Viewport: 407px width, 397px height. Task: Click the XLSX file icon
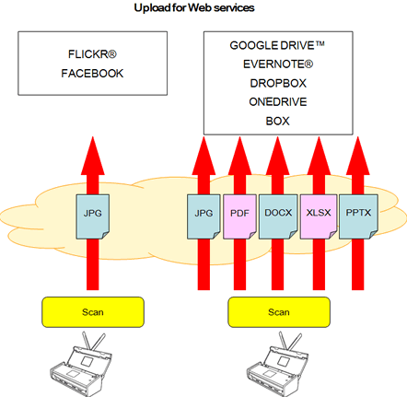pyautogui.click(x=317, y=215)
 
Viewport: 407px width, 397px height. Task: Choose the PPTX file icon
pyautogui.click(x=355, y=215)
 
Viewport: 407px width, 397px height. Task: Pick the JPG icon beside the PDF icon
pyautogui.click(x=204, y=215)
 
